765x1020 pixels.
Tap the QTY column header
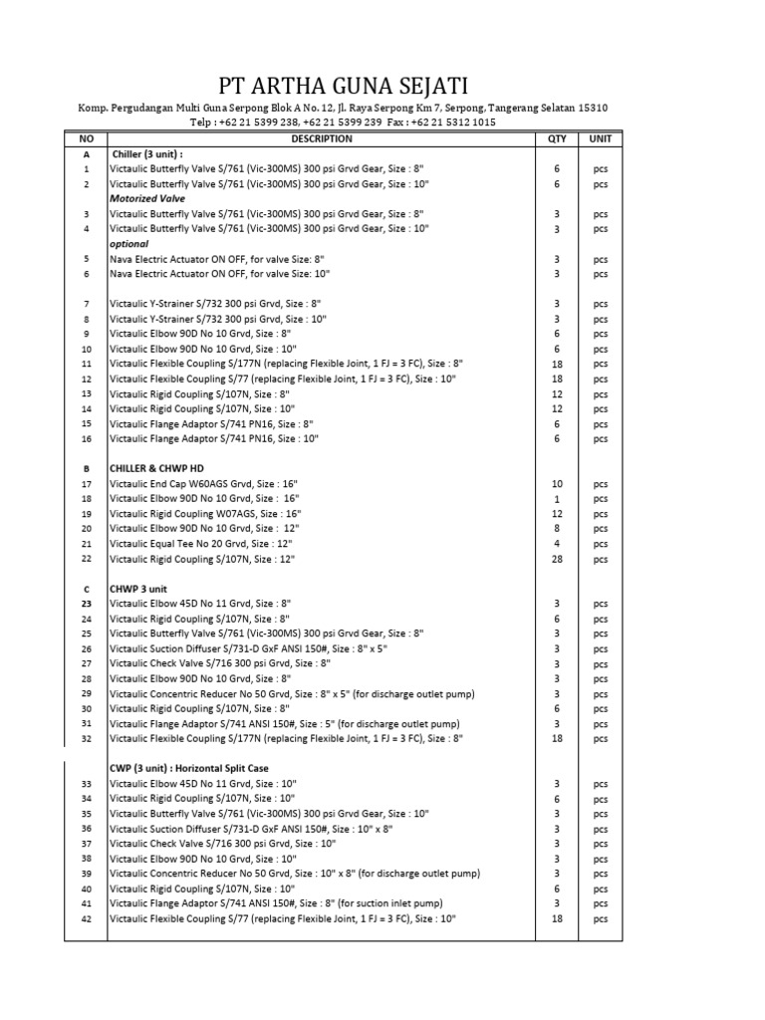click(557, 138)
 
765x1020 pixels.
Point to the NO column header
click(86, 138)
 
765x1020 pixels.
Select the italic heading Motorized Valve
click(146, 198)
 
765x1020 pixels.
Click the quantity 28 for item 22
click(557, 559)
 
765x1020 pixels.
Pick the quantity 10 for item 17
click(557, 484)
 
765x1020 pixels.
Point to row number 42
click(86, 918)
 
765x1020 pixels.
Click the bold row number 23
click(86, 604)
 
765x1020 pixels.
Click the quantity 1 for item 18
click(557, 499)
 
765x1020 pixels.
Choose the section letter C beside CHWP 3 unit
click(86, 589)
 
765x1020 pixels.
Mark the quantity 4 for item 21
click(557, 544)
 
